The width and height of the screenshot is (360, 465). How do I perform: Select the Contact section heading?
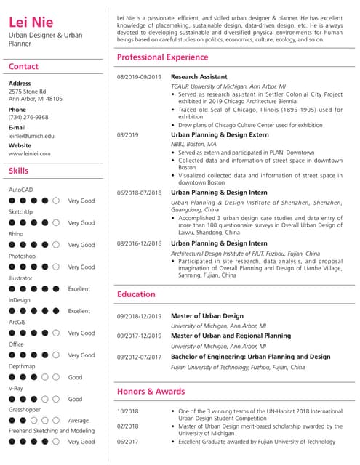coord(23,67)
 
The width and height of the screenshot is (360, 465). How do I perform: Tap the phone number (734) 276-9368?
coord(28,117)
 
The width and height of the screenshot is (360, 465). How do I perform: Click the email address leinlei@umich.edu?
coord(31,136)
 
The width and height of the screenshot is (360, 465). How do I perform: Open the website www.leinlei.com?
coord(30,154)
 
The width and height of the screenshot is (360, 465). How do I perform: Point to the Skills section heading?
coord(19,171)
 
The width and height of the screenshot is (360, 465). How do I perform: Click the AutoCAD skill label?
coord(20,190)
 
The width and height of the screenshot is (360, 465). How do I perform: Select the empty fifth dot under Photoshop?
coord(57,267)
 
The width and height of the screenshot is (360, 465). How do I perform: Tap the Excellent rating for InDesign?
coord(79,311)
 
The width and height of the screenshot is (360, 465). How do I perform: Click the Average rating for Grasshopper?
coord(79,421)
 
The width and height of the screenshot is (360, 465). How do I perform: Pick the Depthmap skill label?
coord(22,366)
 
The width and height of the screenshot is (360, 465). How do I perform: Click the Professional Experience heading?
coord(162,57)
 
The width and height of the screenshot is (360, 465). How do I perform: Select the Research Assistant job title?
coord(199,76)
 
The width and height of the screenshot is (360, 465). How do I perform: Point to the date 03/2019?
coord(127,134)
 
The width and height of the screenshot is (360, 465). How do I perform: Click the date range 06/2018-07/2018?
coord(139,192)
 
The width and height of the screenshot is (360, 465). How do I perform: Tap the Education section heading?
coord(136,294)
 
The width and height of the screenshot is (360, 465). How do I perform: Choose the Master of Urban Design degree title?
coord(207,316)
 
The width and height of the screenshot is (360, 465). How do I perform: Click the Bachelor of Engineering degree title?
coord(250,357)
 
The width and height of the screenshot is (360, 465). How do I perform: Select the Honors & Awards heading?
coord(151,392)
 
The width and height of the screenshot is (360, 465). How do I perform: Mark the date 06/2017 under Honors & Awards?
coord(127,441)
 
